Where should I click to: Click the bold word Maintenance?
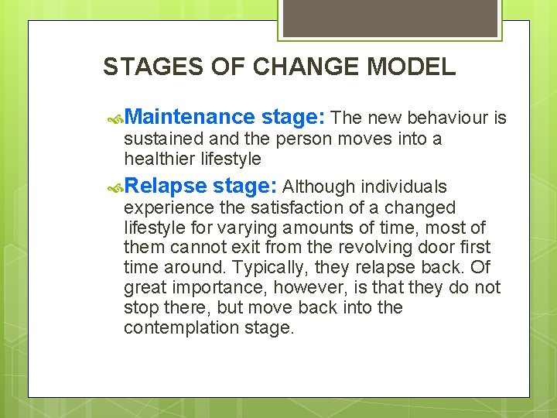click(x=189, y=117)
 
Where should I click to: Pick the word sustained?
click(x=159, y=139)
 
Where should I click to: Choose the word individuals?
click(x=405, y=187)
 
